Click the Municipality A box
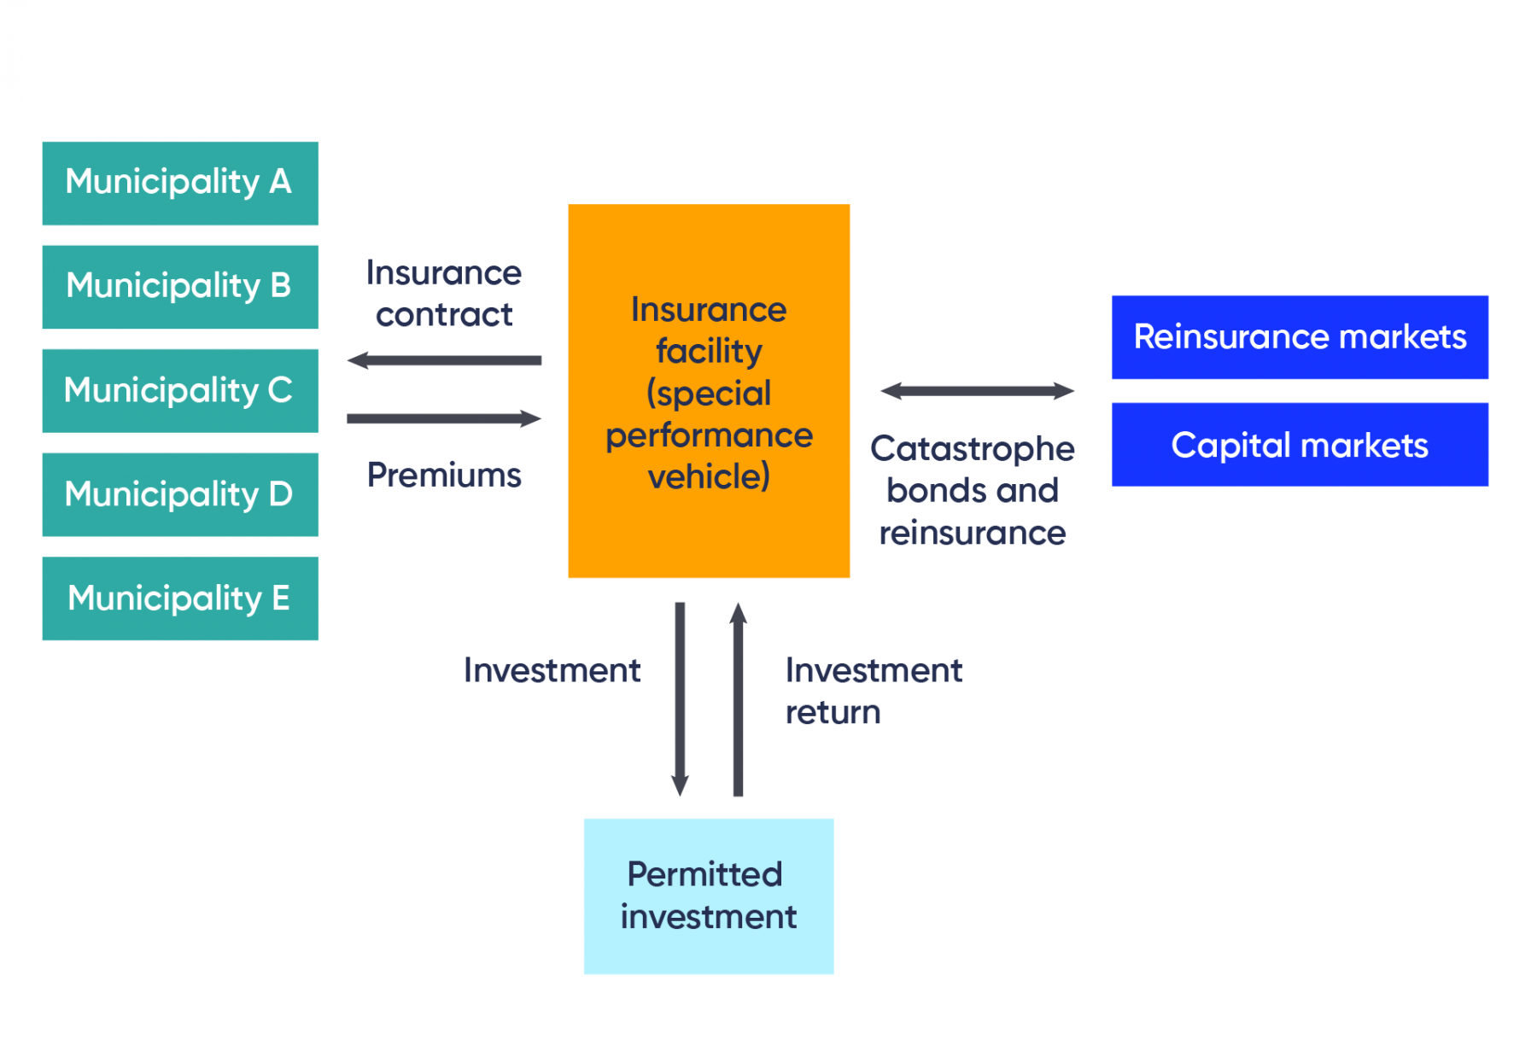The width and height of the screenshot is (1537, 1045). tap(180, 184)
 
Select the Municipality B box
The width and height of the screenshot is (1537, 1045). tap(180, 287)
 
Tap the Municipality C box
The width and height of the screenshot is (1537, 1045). tap(180, 391)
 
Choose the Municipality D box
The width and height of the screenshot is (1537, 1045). tap(180, 495)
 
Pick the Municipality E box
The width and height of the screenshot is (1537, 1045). tap(180, 598)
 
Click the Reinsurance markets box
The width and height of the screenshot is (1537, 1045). tap(1299, 337)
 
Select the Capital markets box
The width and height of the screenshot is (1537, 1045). tap(1299, 445)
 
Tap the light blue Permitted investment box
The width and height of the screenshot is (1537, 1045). tap(708, 896)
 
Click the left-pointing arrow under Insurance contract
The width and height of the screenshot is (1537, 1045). tap(444, 360)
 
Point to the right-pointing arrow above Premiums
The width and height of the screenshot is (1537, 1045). tap(444, 418)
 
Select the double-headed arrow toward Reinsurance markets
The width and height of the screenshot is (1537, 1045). tap(977, 391)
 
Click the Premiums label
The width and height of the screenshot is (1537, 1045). tap(444, 476)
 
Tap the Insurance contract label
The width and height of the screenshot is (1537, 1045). tap(444, 294)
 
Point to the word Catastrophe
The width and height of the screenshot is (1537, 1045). tap(972, 449)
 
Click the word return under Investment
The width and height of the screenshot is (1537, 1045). tap(833, 713)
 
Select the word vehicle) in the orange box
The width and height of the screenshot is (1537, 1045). tap(709, 476)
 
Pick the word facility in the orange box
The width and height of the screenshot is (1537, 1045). tap(709, 352)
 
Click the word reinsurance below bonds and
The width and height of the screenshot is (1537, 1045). tap(972, 534)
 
